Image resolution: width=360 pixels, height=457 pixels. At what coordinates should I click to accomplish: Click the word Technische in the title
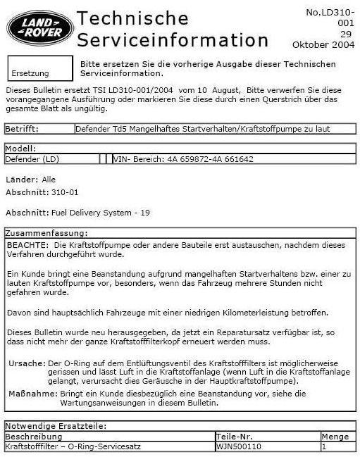click(x=132, y=18)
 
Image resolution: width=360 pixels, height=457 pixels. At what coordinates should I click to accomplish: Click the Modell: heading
click(x=20, y=149)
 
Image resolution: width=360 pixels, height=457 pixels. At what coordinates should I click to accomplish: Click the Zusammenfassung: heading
click(x=46, y=232)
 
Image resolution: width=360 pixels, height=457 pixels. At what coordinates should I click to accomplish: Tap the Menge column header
click(x=335, y=437)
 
